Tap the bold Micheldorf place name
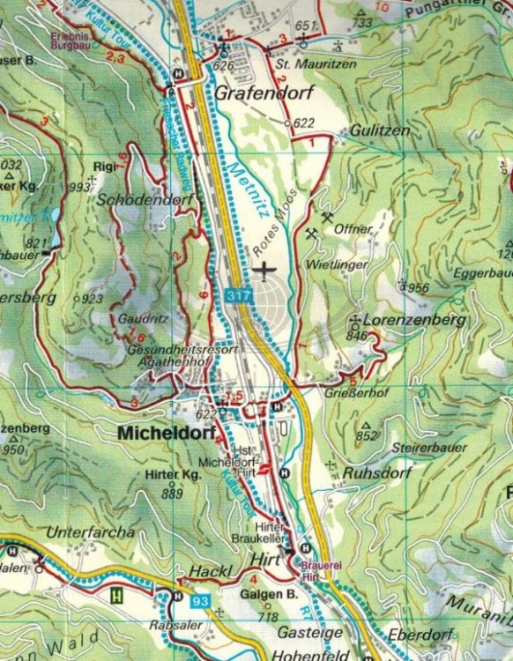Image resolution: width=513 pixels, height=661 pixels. [x=159, y=433]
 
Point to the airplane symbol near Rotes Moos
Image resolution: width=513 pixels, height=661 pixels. [x=264, y=268]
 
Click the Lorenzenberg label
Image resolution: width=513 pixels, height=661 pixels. [x=413, y=321]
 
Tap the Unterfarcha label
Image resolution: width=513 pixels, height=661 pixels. [x=92, y=531]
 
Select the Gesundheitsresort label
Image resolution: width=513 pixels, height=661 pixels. [x=183, y=350]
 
